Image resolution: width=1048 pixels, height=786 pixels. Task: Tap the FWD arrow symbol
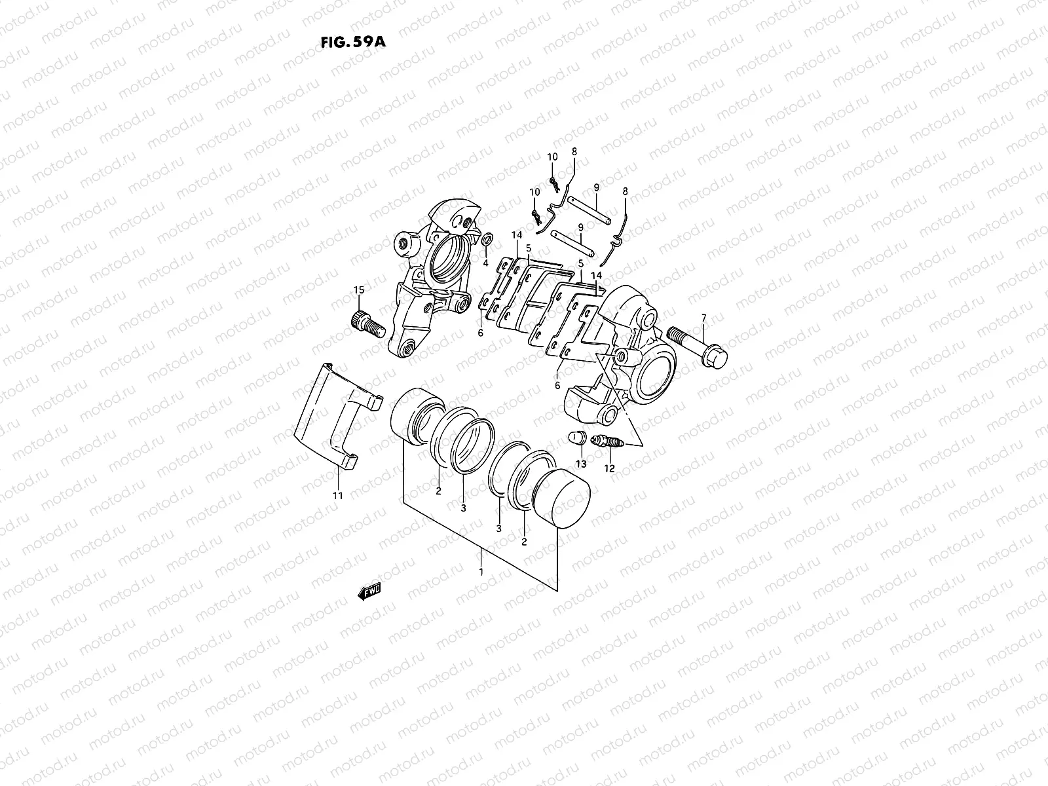point(369,592)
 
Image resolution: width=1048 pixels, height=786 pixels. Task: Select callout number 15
point(358,290)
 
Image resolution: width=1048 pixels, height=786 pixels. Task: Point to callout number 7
point(703,318)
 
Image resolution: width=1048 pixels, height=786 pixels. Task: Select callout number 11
point(337,496)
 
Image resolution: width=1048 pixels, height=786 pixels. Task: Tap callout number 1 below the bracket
point(481,572)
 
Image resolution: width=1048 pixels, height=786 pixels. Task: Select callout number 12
point(610,469)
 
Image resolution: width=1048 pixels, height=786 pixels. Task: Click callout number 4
point(485,263)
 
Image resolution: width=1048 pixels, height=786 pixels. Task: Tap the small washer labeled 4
point(487,240)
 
